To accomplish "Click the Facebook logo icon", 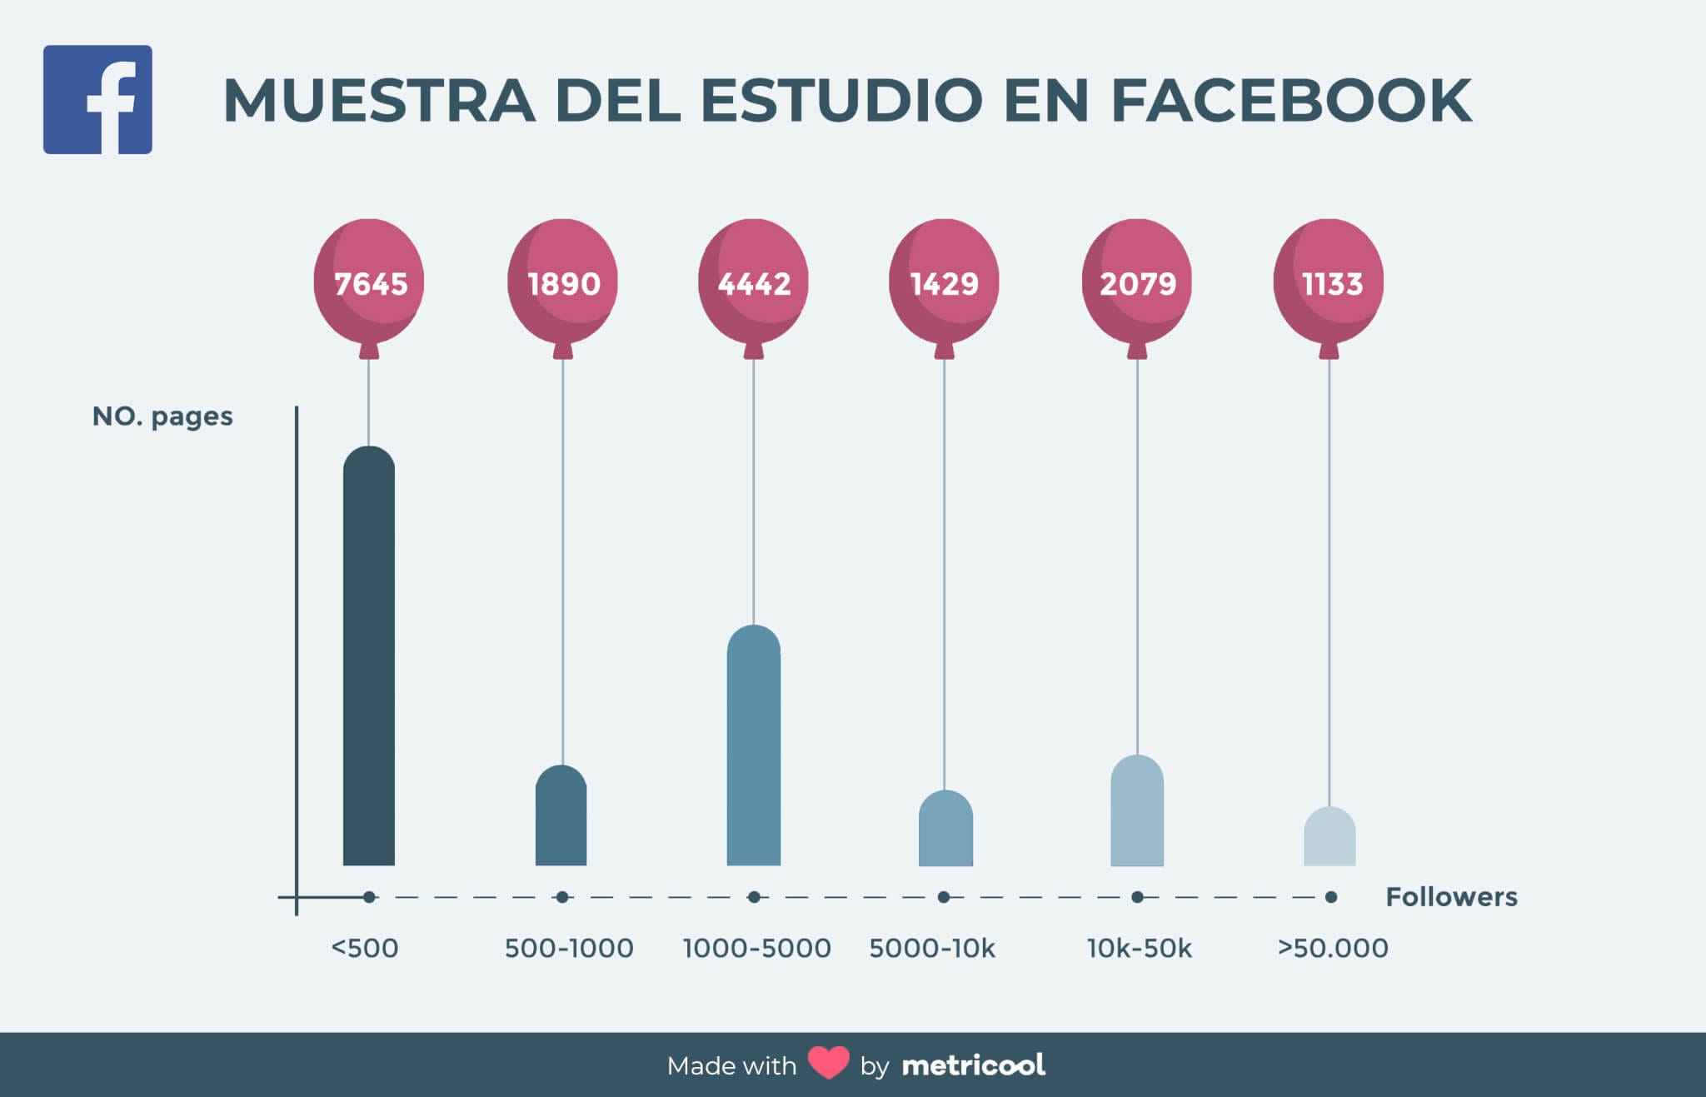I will (97, 99).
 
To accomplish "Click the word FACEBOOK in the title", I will (1290, 101).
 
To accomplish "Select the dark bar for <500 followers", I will (369, 658).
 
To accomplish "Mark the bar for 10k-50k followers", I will (1137, 812).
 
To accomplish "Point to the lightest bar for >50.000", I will (1329, 838).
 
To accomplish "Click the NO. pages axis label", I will (162, 416).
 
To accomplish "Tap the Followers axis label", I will (1451, 897).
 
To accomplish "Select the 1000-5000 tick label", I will (756, 948).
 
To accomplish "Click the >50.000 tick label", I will (1333, 948).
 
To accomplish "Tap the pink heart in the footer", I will (828, 1064).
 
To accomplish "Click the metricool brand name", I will (973, 1065).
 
